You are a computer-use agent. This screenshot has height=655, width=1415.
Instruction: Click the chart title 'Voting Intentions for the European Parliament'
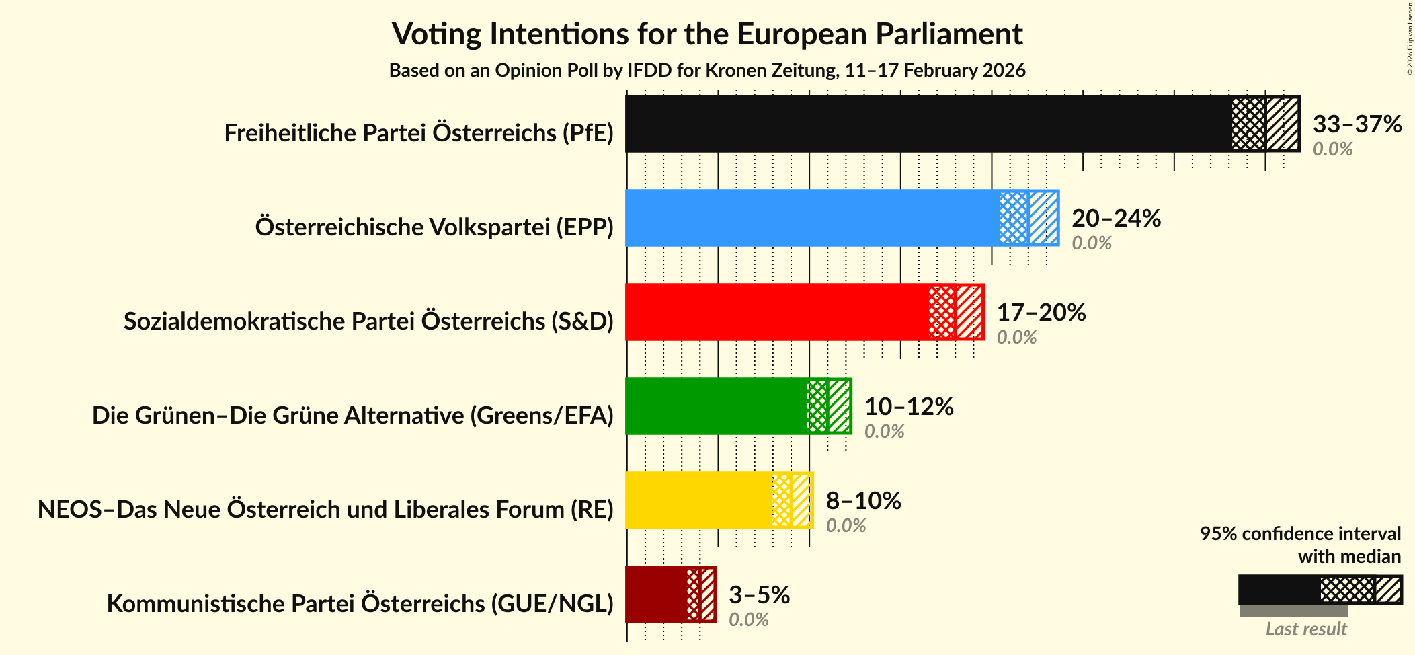click(x=707, y=34)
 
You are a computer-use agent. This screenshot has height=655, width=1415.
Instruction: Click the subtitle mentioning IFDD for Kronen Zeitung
click(x=707, y=71)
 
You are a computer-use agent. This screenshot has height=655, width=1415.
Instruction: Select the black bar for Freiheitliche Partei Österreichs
click(x=928, y=124)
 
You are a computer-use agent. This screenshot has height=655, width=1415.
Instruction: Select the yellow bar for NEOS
click(x=699, y=500)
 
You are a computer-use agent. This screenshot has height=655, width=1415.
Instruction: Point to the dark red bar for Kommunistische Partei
click(x=656, y=594)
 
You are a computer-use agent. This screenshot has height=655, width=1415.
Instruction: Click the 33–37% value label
click(x=1357, y=124)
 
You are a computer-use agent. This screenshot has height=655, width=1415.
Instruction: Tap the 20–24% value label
click(x=1116, y=218)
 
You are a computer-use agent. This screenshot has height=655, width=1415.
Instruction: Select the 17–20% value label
click(x=1041, y=312)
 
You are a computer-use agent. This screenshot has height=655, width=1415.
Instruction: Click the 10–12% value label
click(x=908, y=406)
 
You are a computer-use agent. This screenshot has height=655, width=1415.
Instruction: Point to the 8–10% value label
click(x=863, y=500)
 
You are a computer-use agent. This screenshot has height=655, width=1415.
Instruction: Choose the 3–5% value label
click(x=759, y=594)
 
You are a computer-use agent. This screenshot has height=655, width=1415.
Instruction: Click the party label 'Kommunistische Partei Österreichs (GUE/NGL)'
click(x=360, y=603)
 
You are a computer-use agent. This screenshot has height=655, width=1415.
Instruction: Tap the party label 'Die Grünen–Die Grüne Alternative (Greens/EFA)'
click(x=353, y=415)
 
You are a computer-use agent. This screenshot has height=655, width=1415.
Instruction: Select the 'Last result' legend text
click(x=1306, y=629)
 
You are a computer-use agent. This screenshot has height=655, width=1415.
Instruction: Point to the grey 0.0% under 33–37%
click(x=1332, y=149)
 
